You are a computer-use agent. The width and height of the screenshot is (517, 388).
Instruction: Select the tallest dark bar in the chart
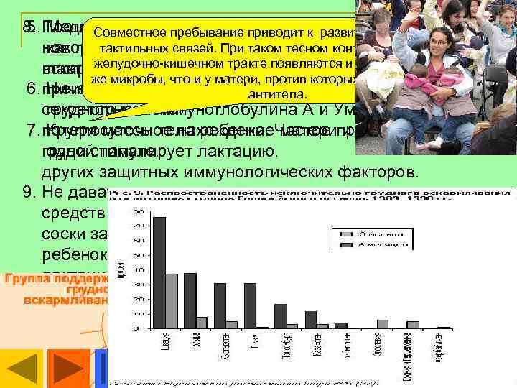(159, 272)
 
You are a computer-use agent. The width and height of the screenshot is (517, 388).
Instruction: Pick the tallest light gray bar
(172, 301)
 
